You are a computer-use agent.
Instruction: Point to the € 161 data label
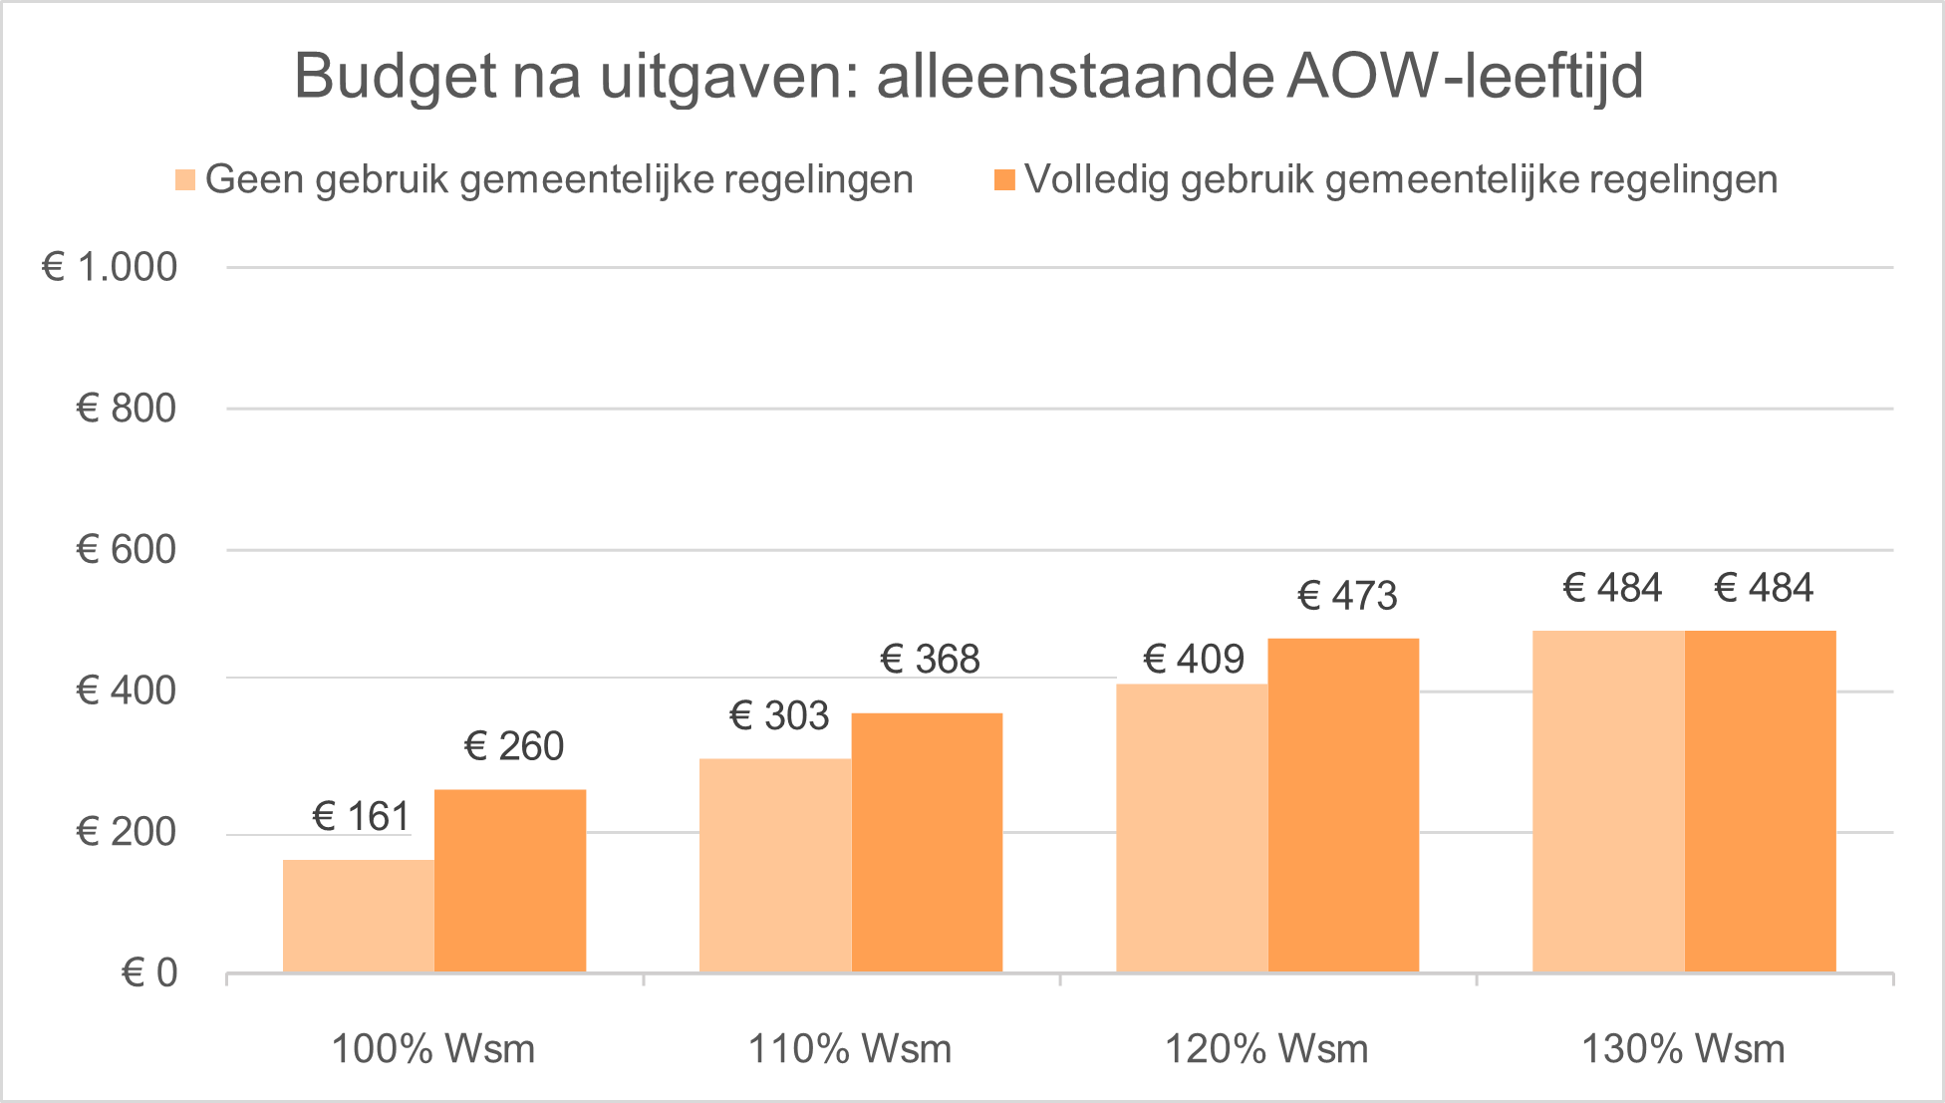tap(361, 817)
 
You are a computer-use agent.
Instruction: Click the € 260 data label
tap(514, 746)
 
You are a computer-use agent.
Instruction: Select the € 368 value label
tap(931, 660)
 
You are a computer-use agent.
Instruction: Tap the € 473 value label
tap(1347, 596)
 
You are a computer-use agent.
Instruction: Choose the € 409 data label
tap(1194, 660)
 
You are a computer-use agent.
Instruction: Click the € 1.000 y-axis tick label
tap(110, 267)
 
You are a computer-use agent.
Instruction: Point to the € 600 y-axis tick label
tap(126, 550)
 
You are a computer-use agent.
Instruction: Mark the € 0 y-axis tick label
tap(149, 972)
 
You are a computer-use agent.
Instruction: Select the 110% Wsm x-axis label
tap(850, 1049)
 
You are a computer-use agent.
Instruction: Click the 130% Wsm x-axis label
tap(1683, 1049)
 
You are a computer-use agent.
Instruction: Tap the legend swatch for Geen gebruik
tap(185, 180)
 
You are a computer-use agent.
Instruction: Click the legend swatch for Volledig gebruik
tap(1004, 180)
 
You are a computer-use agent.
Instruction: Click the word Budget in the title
tap(396, 78)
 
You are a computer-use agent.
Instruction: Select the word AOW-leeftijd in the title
tap(1465, 76)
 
